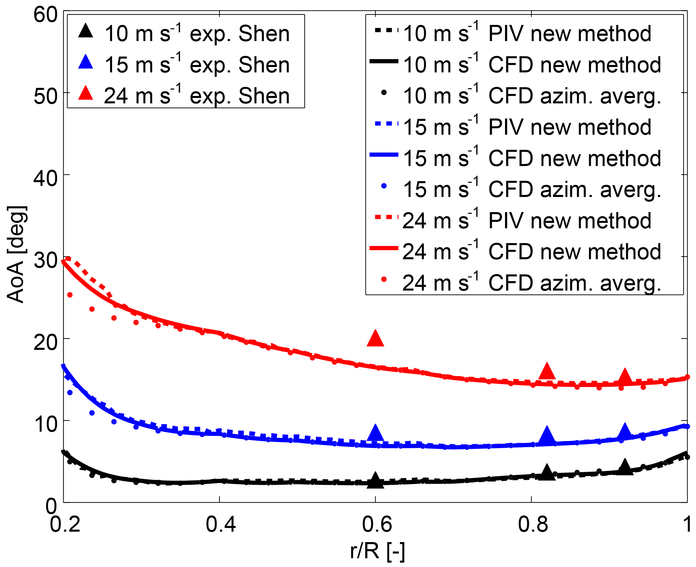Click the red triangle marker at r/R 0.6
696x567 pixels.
(375, 339)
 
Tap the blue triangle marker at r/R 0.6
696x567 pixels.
(375, 433)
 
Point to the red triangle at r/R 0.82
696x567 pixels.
(547, 372)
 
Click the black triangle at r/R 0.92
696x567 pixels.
(625, 467)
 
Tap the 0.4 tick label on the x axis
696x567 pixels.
(221, 525)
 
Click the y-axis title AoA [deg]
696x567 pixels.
(16, 255)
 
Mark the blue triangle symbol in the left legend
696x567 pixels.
(86, 62)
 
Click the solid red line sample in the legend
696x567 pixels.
(384, 248)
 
